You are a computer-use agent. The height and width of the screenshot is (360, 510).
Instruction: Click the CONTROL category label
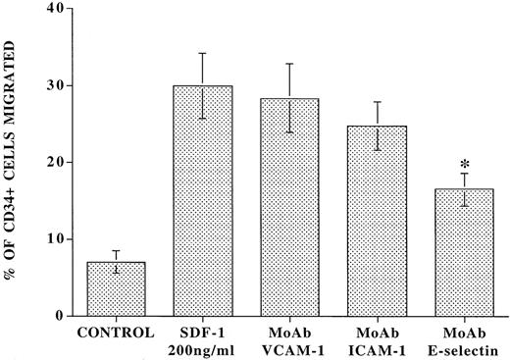[116, 332]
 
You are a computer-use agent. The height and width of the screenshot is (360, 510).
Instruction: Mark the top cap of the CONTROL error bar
[116, 251]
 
